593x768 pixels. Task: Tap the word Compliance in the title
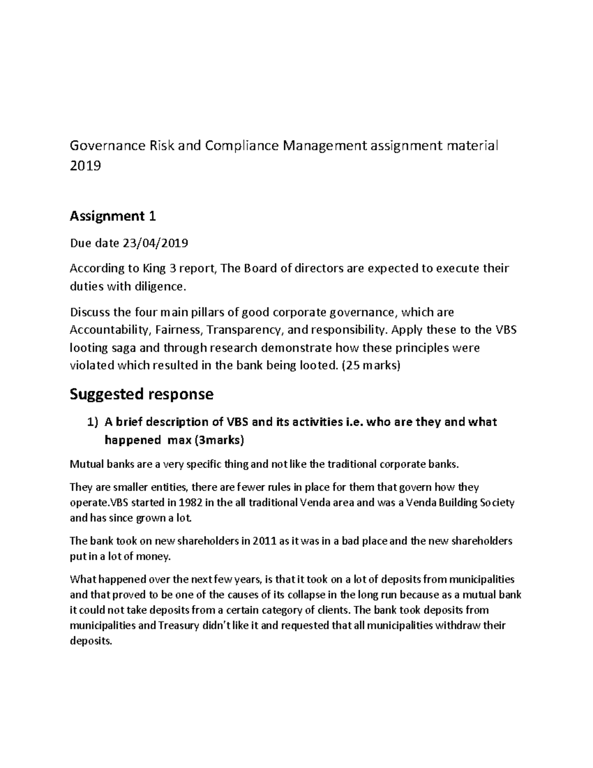(241, 146)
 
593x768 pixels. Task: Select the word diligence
(163, 286)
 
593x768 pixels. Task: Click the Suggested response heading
(141, 394)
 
